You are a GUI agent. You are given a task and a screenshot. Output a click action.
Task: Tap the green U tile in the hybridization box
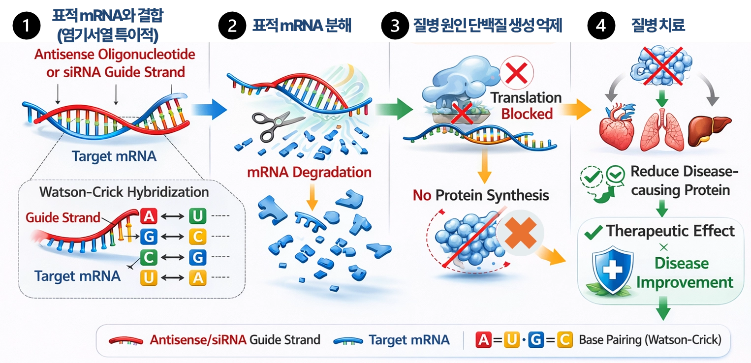[197, 216]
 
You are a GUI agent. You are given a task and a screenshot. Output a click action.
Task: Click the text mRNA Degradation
[309, 173]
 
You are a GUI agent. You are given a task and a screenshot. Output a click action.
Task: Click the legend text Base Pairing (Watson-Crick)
[650, 340]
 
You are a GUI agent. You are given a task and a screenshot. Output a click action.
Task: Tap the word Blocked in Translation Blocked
[527, 114]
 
